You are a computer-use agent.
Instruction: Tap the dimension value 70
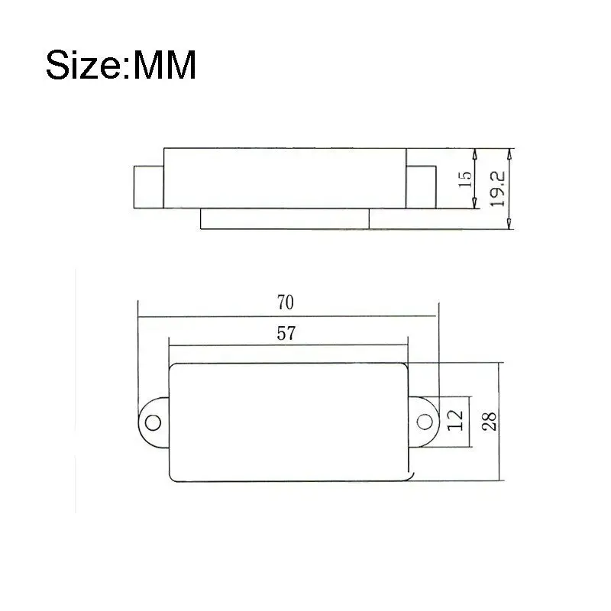coord(285,302)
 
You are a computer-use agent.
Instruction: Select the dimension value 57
coord(288,333)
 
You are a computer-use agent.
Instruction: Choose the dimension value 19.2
coord(498,187)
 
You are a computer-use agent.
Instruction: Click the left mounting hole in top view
coord(152,422)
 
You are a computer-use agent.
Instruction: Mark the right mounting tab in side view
coord(419,186)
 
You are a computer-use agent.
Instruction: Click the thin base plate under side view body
coord(284,218)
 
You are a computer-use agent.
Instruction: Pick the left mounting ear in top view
coord(153,422)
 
